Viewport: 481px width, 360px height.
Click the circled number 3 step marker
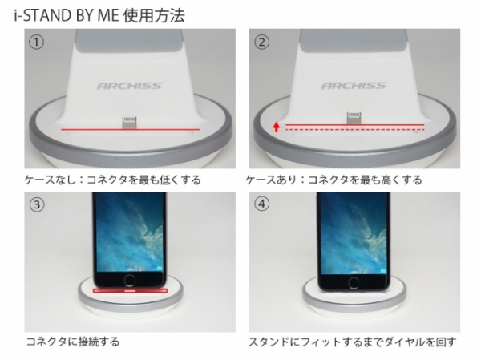[36, 204]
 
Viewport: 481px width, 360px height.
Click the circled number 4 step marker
[262, 204]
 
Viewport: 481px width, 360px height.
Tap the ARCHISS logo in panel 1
[130, 84]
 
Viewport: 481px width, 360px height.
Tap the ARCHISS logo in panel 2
[354, 84]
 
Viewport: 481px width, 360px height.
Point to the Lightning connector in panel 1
[129, 121]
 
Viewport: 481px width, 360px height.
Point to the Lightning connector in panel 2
[354, 118]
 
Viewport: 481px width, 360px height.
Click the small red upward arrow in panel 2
[274, 126]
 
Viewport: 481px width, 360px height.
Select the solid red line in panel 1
[128, 128]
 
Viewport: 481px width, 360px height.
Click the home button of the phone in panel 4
[354, 284]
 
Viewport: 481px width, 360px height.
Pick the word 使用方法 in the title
[155, 14]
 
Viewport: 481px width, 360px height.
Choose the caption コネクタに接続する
[71, 342]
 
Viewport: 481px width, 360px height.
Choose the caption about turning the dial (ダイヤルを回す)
[353, 342]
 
